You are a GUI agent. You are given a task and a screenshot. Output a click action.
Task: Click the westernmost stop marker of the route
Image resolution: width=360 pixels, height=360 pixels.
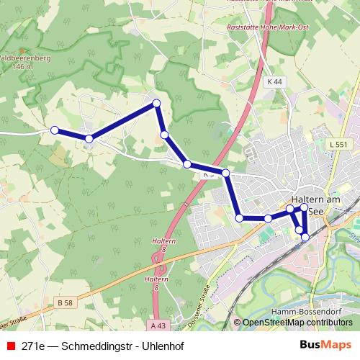click(55, 130)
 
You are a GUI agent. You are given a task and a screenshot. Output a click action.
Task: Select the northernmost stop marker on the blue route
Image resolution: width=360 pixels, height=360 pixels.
click(156, 104)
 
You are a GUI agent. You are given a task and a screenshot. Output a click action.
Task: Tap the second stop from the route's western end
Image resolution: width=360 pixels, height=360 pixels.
click(89, 138)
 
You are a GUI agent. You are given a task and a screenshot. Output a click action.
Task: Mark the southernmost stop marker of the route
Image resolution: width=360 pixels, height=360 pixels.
click(305, 236)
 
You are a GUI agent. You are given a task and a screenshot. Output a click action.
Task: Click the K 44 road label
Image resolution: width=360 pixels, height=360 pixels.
click(273, 82)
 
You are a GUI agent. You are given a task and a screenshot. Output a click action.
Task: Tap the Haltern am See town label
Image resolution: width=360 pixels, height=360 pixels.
click(320, 199)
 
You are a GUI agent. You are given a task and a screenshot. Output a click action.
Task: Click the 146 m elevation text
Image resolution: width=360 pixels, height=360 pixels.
click(23, 67)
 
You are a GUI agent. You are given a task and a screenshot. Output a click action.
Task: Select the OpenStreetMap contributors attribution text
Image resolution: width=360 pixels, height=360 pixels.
click(297, 323)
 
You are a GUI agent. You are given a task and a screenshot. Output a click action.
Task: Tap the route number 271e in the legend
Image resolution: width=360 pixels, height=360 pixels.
click(35, 346)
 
